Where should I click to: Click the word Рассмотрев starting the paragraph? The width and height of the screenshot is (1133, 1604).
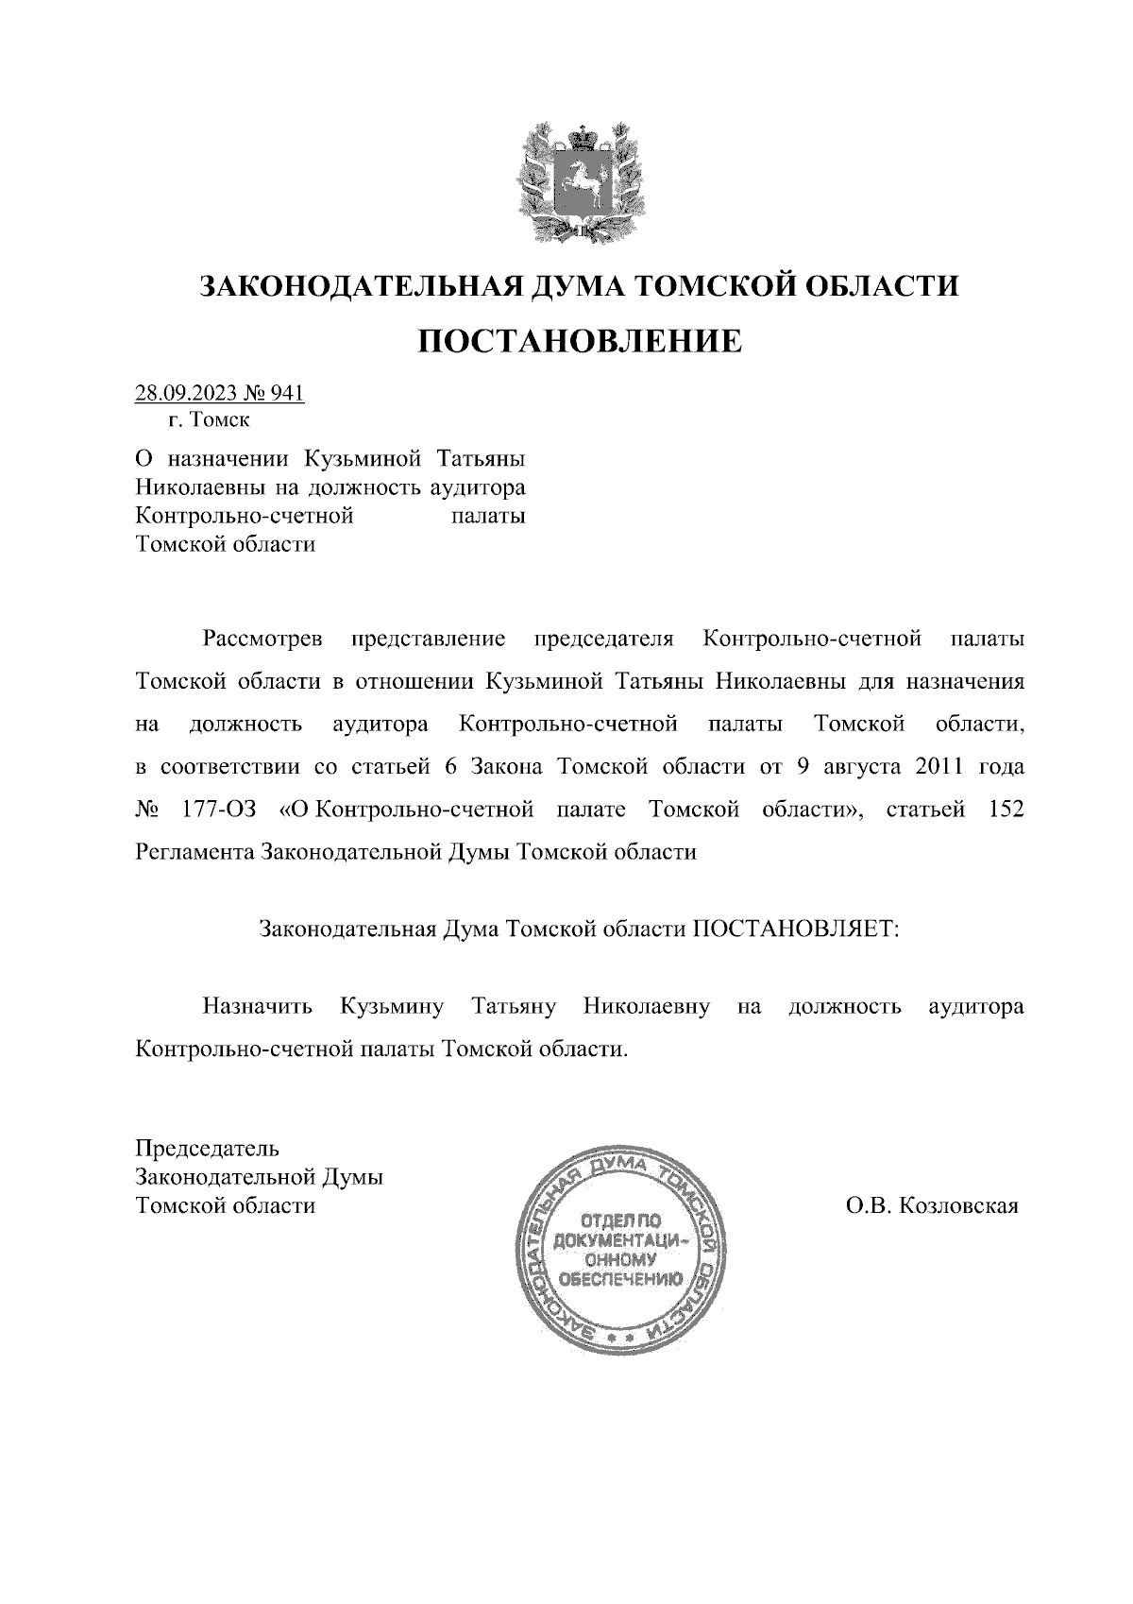coord(262,640)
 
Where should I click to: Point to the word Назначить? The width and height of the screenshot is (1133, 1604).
coord(257,1007)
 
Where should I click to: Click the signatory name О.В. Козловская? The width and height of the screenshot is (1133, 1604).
coord(932,1206)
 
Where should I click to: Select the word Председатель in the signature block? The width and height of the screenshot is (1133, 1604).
coord(208,1150)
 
